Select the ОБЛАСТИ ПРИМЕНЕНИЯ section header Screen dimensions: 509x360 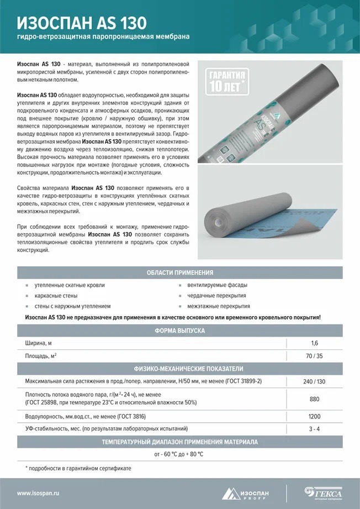point(179,273)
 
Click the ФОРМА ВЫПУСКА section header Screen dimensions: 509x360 point(179,330)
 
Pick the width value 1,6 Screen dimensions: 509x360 point(314,343)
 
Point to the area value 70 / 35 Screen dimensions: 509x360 point(314,356)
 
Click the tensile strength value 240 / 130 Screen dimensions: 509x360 point(314,381)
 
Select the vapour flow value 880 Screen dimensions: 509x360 point(314,399)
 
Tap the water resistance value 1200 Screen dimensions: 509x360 point(314,416)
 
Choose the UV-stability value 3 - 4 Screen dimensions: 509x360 point(314,429)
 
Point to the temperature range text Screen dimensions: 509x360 point(179,454)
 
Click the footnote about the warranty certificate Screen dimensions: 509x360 point(78,468)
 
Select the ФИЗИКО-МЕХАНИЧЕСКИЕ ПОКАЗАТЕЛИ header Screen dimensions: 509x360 point(179,369)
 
